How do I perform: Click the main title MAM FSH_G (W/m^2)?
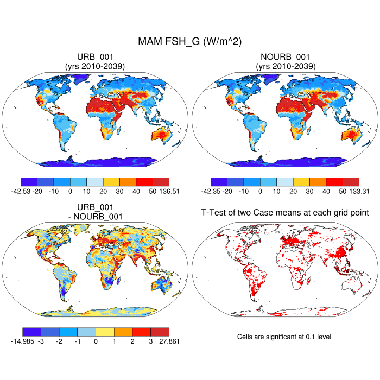[x=190, y=41]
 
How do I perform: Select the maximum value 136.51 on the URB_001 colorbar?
[x=168, y=191]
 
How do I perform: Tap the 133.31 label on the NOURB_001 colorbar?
[x=358, y=191]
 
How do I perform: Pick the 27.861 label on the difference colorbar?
[x=168, y=341]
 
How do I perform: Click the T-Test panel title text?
[x=285, y=213]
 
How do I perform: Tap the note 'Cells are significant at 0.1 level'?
[x=284, y=337]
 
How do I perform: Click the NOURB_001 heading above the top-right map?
[x=285, y=58]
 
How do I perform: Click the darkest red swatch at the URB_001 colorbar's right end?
[x=161, y=182]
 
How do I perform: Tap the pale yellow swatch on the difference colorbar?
[x=105, y=332]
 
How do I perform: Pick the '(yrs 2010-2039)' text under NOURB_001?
[x=285, y=66]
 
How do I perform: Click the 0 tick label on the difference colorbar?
[x=96, y=341]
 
